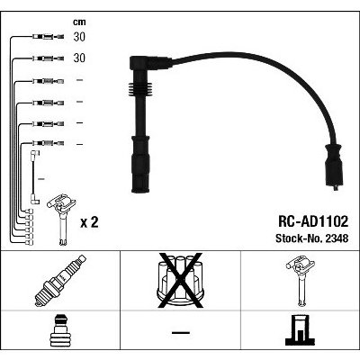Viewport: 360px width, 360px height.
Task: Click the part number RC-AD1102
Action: pyautogui.click(x=313, y=221)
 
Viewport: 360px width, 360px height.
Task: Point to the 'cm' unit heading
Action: pyautogui.click(x=79, y=22)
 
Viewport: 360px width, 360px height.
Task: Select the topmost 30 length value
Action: pyautogui.click(x=79, y=37)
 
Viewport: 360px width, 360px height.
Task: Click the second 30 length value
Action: pyautogui.click(x=79, y=58)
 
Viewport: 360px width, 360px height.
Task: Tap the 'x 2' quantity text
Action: pyautogui.click(x=89, y=222)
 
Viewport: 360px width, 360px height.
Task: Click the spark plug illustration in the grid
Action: pyautogui.click(x=60, y=281)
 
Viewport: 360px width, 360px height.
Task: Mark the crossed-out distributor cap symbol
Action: pyautogui.click(x=180, y=281)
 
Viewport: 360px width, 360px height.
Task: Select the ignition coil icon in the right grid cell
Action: pyautogui.click(x=301, y=281)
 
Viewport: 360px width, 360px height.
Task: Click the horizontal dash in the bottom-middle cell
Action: pyautogui.click(x=181, y=332)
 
